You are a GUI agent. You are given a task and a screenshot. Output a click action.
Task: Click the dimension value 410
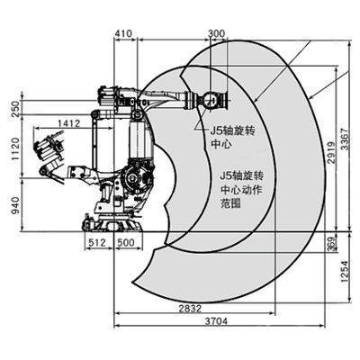[x=124, y=32]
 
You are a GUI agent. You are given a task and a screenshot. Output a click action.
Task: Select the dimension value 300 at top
[x=216, y=32]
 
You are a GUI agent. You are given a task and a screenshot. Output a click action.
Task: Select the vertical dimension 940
[x=13, y=206]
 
